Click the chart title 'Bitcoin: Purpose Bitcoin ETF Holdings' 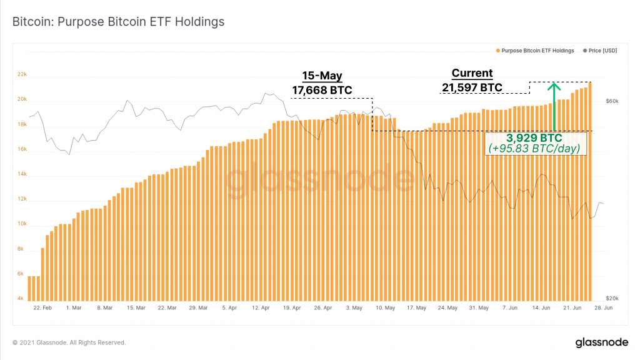tap(119, 22)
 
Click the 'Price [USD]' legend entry tap(602, 51)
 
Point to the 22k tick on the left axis tap(22, 74)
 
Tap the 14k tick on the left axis tap(22, 174)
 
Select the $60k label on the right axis tap(612, 101)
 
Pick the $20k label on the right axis tap(612, 299)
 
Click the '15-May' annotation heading tap(322, 76)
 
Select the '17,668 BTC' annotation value tap(322, 91)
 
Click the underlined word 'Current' tap(472, 73)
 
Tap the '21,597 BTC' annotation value tap(472, 87)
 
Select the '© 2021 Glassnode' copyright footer tap(69, 342)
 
